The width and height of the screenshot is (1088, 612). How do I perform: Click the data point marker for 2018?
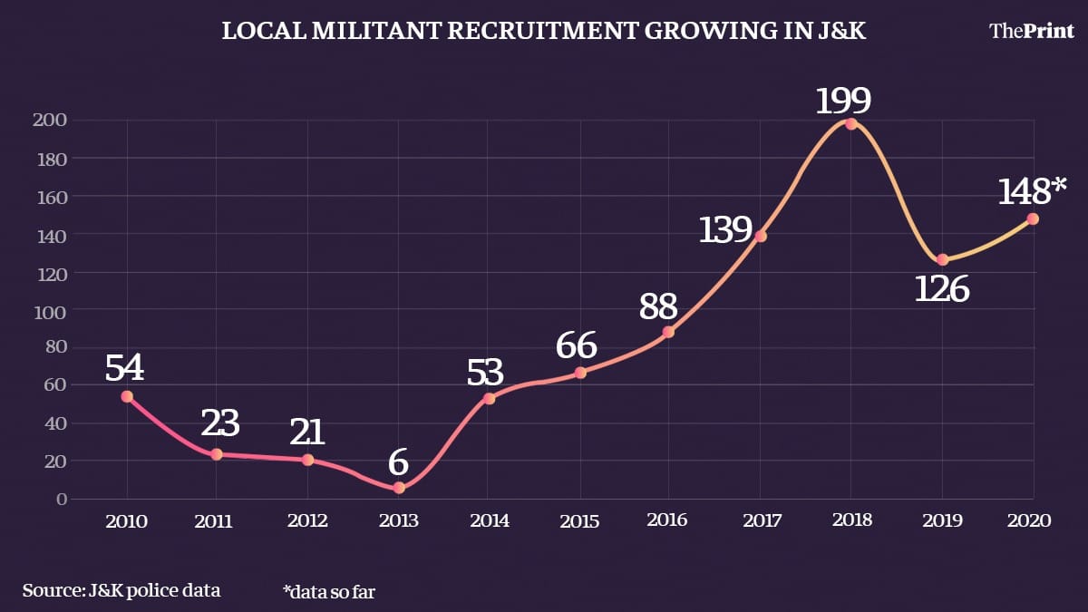coord(850,123)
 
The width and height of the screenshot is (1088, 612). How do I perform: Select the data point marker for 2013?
coord(399,488)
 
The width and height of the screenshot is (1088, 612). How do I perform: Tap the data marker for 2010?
coord(127,396)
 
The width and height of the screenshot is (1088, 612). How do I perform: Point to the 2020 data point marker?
coord(1032,219)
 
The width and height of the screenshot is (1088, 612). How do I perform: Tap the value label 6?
coord(399,462)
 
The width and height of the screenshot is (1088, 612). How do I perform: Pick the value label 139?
coord(726,230)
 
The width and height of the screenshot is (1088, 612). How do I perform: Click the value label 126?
coord(941,289)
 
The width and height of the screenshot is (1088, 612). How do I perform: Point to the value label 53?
coord(485,373)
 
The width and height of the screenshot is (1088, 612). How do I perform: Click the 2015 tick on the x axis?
coord(579,521)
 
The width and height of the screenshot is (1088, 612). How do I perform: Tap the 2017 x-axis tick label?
coord(760,521)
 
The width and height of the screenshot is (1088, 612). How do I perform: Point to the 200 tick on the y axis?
coord(51,120)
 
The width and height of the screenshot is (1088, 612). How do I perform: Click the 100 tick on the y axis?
coord(51,310)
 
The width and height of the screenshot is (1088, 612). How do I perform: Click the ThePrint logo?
coord(1031,31)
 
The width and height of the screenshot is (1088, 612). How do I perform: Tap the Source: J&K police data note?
coord(121,590)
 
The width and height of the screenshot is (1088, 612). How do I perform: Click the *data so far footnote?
coord(328,591)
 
